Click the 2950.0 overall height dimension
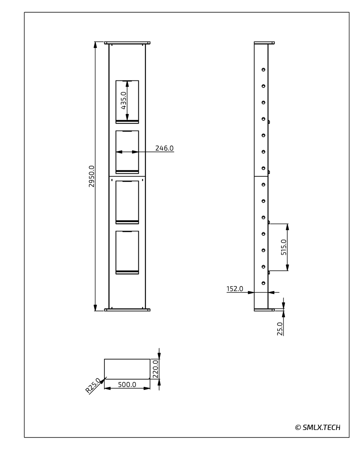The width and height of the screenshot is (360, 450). pyautogui.click(x=91, y=176)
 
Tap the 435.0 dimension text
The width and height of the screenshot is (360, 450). pyautogui.click(x=124, y=100)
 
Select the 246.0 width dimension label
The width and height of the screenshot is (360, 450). pyautogui.click(x=164, y=148)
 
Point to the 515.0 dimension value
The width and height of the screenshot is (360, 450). pyautogui.click(x=283, y=247)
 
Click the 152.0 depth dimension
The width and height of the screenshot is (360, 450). pyautogui.click(x=234, y=289)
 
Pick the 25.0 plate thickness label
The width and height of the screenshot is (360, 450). pyautogui.click(x=280, y=329)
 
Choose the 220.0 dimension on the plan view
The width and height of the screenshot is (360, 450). pyautogui.click(x=155, y=369)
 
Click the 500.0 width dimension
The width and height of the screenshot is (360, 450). pyautogui.click(x=127, y=384)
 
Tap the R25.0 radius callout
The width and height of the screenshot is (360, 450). pyautogui.click(x=93, y=385)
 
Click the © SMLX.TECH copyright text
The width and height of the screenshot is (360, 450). pyautogui.click(x=318, y=427)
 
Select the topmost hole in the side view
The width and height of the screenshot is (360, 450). pyautogui.click(x=263, y=70)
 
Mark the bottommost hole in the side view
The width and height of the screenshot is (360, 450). pyautogui.click(x=263, y=283)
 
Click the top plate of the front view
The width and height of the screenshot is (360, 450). pyautogui.click(x=127, y=43)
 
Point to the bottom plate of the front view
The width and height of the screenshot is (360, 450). pyautogui.click(x=127, y=310)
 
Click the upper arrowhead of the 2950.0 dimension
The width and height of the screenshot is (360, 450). pyautogui.click(x=95, y=45)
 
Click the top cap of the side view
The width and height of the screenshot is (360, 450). pyautogui.click(x=264, y=43)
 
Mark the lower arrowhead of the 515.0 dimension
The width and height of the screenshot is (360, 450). pyautogui.click(x=287, y=267)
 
